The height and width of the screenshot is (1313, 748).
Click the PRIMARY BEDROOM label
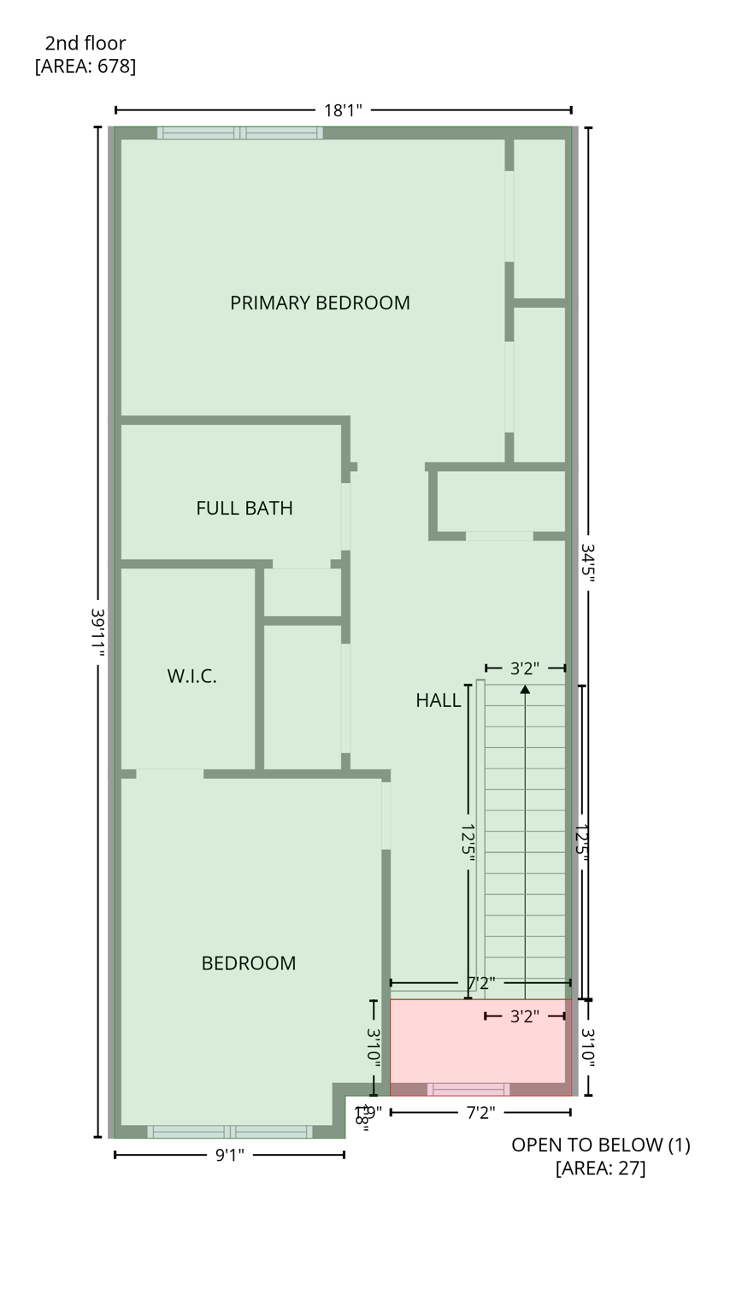pos(320,303)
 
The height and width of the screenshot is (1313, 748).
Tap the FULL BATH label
pos(244,508)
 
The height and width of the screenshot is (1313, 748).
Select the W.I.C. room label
pos(191,676)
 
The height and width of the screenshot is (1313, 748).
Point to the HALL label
pos(438,700)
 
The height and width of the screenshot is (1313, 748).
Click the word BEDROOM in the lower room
pos(248,963)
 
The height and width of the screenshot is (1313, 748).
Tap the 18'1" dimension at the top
pos(343,110)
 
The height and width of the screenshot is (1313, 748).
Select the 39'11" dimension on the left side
pos(97,633)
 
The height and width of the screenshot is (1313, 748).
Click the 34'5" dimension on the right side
pos(588,562)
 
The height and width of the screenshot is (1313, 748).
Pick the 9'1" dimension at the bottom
pos(229,1156)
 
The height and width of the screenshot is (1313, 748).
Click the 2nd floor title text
pos(85,43)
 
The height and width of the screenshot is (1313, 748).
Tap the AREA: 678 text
pos(85,66)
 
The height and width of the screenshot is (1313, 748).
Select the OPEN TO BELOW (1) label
pos(600,1145)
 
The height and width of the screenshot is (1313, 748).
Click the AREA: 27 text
pos(600,1168)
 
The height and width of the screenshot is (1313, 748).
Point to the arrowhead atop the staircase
pos(525,689)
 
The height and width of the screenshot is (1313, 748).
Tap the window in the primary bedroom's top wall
pos(239,132)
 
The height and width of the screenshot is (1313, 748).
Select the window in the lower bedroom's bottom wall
pos(229,1132)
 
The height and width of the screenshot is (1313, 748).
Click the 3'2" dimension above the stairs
pos(524,668)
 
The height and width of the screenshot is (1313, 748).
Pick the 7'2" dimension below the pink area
pos(480,1113)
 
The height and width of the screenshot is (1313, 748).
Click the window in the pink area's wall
pos(468,1089)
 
